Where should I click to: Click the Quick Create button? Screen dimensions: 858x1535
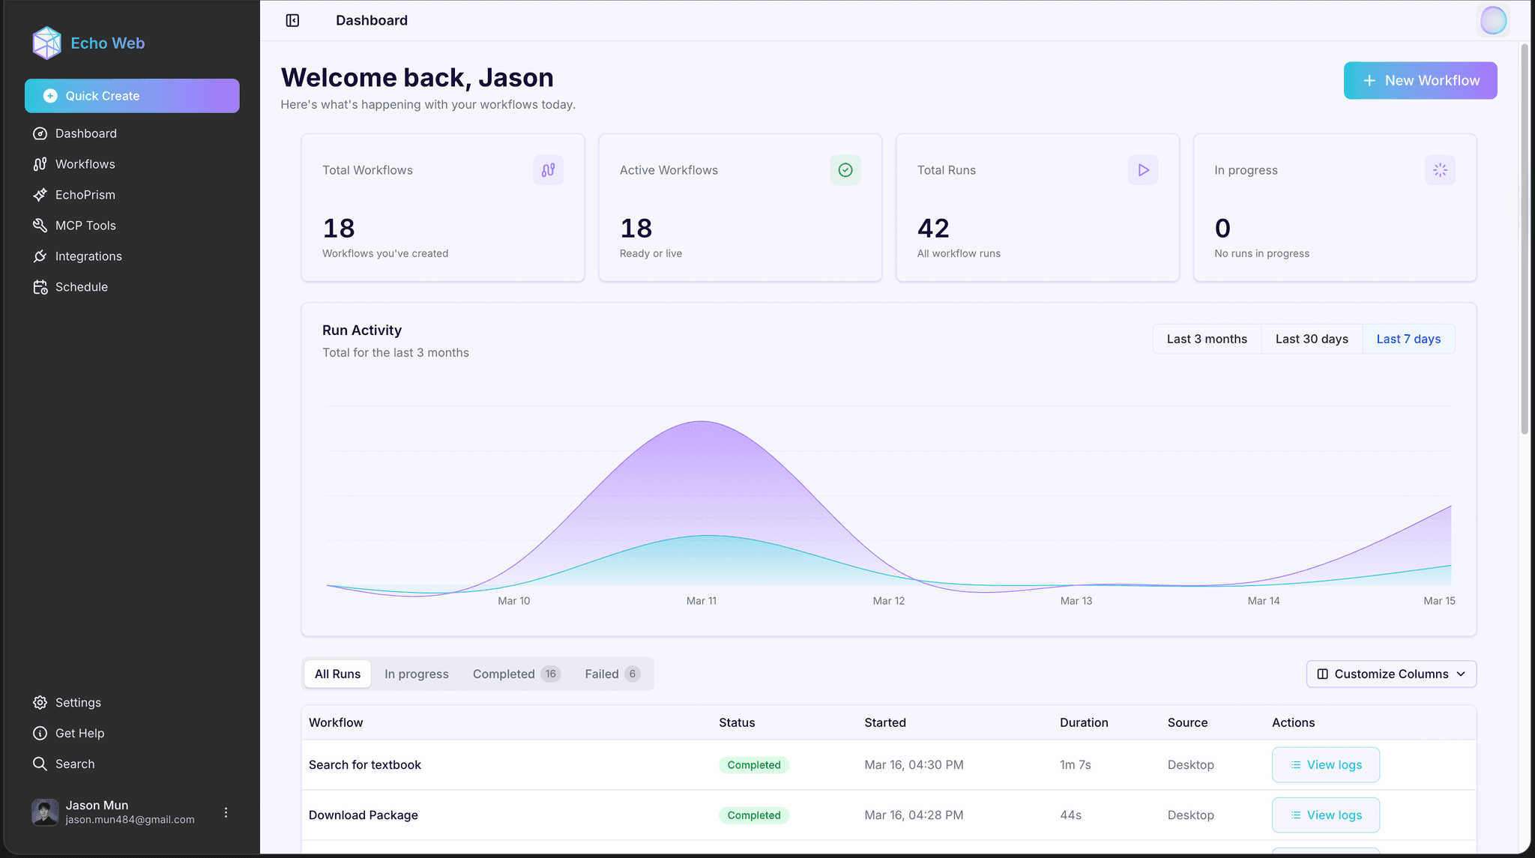(x=132, y=96)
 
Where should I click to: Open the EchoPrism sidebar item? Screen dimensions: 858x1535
(x=85, y=195)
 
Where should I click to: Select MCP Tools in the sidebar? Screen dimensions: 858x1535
(x=85, y=226)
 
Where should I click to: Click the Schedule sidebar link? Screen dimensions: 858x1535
(x=81, y=287)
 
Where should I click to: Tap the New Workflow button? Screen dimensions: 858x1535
(x=1420, y=80)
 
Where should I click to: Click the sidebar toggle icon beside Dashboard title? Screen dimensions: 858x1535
(x=292, y=20)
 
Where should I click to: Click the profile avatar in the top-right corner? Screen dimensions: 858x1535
(x=1492, y=20)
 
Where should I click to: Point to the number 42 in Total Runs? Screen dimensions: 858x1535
(x=933, y=228)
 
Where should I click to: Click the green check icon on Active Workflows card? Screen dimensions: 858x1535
(x=845, y=170)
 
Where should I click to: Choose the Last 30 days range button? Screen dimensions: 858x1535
(x=1312, y=339)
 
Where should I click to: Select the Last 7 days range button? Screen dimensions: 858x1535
(x=1408, y=339)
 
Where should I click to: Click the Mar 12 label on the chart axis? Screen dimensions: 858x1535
(x=888, y=601)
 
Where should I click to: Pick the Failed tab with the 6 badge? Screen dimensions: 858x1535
(x=612, y=674)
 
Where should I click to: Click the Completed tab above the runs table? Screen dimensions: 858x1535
(x=516, y=674)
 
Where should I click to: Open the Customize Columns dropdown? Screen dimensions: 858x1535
(x=1391, y=674)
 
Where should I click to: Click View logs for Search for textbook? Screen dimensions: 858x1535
(x=1325, y=764)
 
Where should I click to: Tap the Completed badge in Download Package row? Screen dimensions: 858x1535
(x=753, y=815)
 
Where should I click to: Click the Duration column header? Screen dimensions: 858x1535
(x=1084, y=722)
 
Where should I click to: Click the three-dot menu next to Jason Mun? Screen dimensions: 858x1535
(x=226, y=812)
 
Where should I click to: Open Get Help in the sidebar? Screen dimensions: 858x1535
(x=79, y=733)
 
